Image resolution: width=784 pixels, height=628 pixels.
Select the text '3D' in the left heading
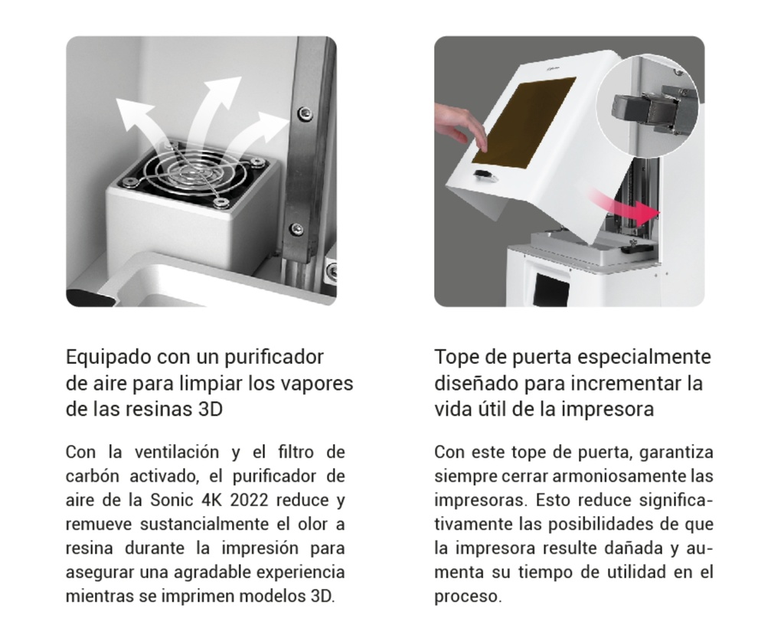[207, 409]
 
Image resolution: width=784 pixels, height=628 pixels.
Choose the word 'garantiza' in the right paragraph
[680, 452]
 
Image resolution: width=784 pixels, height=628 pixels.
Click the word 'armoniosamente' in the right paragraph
[613, 476]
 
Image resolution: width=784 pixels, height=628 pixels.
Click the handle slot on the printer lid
[484, 177]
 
